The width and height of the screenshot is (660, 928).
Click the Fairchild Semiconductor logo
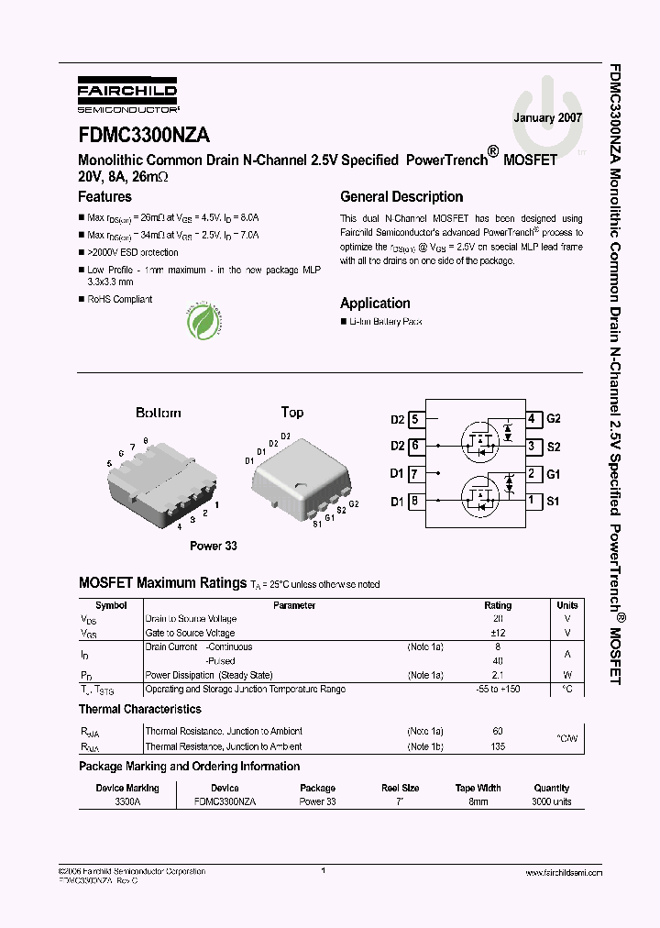[126, 95]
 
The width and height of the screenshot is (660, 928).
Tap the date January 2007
[547, 118]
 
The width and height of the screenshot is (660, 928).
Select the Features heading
[104, 197]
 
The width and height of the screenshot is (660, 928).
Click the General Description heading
[401, 197]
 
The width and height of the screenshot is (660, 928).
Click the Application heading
[375, 304]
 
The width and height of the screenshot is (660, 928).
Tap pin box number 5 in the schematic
[415, 419]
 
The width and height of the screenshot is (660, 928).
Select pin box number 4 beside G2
[532, 419]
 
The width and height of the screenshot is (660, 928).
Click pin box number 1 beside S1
[532, 501]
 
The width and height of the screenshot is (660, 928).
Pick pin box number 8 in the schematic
[415, 501]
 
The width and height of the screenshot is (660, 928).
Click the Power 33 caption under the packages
[213, 546]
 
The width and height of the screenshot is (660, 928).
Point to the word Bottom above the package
[159, 413]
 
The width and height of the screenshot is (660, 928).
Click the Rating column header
[498, 605]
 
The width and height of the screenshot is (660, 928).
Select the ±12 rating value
[498, 633]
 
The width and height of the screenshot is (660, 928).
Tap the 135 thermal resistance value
[498, 746]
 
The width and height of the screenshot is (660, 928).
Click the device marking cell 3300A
[127, 801]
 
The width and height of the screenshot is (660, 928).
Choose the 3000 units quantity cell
[551, 801]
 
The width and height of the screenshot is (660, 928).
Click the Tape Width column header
[478, 788]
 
